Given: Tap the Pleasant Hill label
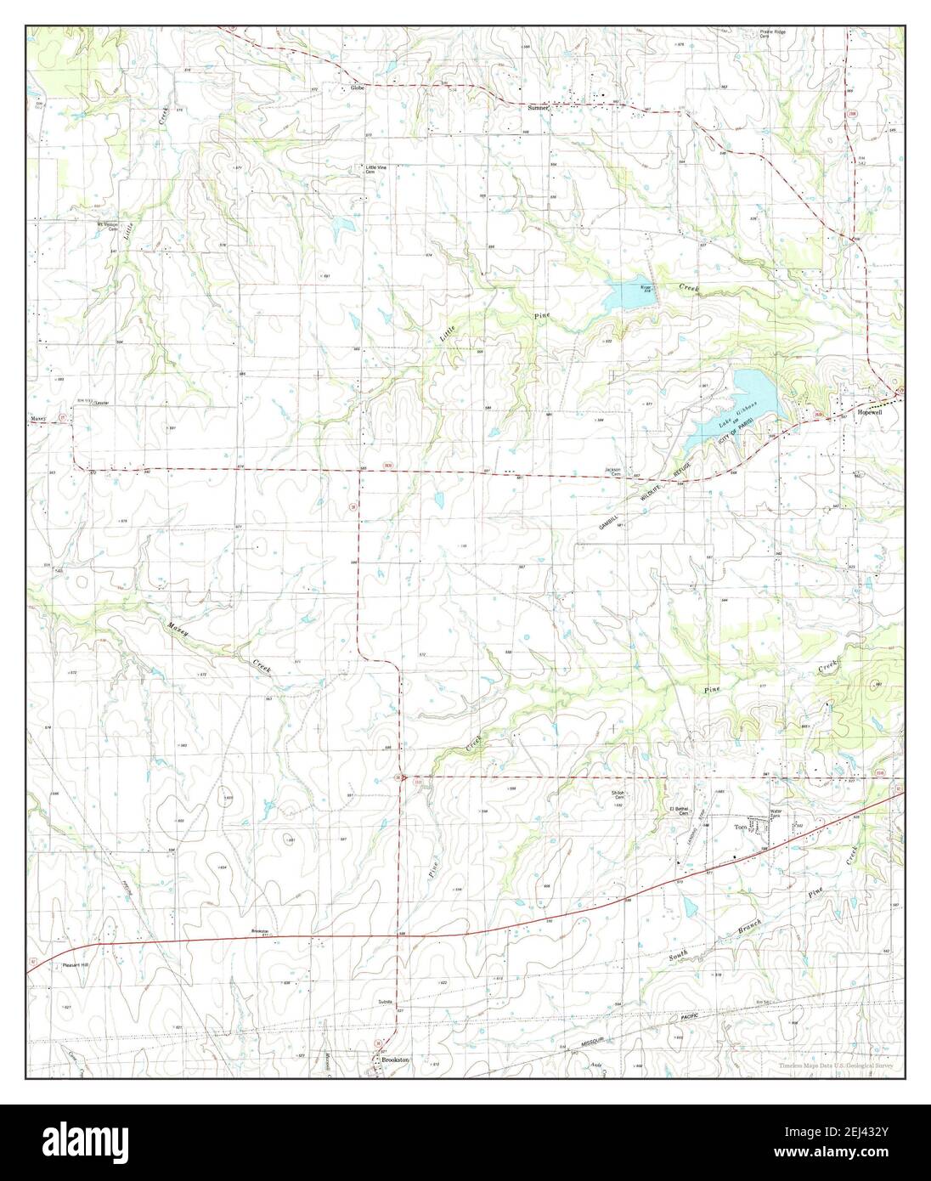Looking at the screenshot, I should (76, 965).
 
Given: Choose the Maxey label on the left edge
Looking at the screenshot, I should (40, 418).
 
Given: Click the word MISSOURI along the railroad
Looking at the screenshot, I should (587, 1046).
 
